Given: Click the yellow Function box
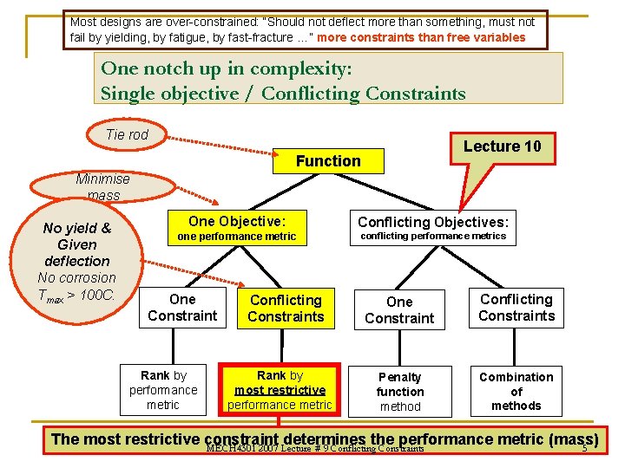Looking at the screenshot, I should pos(328,160).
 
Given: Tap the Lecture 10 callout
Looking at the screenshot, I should pos(502,146).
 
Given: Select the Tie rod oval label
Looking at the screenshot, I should pos(128,134).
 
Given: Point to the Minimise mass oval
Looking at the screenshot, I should pos(102,186).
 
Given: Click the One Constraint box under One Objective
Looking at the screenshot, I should pos(182,308).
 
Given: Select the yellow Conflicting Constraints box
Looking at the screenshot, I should pos(286,308).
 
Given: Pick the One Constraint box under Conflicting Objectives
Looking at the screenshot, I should pos(399,309).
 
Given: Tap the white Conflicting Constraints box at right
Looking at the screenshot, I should pos(516,308).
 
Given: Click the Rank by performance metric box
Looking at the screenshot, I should pos(163,390).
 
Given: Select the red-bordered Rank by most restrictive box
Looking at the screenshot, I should pos(280,390).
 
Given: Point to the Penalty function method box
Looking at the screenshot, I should pos(400,391).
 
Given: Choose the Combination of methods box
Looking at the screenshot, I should pos(516,391).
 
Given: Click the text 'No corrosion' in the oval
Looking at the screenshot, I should pos(77,277).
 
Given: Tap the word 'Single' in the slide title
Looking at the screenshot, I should pos(128,94).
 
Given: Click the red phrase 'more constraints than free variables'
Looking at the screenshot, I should pos(422,37).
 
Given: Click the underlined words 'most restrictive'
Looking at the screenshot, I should pos(280,390).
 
